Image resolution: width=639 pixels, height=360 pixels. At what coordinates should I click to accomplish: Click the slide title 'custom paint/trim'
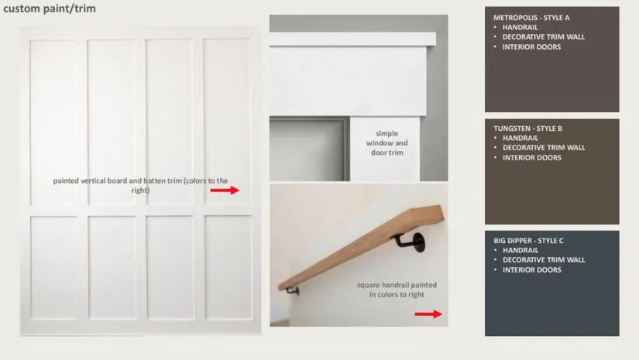click(x=50, y=9)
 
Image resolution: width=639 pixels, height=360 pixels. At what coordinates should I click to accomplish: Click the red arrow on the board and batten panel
click(x=225, y=190)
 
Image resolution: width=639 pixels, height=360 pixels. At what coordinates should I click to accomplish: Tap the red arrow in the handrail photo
click(x=428, y=314)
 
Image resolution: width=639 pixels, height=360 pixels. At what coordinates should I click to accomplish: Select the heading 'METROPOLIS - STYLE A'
click(x=531, y=18)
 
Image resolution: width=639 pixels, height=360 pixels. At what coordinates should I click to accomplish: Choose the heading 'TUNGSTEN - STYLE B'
click(x=527, y=129)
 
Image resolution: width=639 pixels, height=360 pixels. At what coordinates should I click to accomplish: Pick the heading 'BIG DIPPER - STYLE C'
click(x=528, y=241)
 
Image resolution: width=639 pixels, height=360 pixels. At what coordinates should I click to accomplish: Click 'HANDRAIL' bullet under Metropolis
click(x=520, y=27)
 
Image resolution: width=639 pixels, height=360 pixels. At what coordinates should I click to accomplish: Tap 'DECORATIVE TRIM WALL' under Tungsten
click(x=544, y=147)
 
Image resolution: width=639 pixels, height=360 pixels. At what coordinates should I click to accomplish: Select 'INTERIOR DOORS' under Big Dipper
click(x=532, y=269)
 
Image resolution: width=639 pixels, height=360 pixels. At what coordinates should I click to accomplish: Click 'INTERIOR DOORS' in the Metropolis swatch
click(x=531, y=46)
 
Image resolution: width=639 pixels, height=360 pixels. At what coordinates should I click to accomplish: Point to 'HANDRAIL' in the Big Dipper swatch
click(x=520, y=250)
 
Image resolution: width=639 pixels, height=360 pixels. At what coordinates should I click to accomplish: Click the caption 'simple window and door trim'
click(x=386, y=143)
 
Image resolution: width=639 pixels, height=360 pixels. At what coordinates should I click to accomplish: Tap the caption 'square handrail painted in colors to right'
click(x=397, y=290)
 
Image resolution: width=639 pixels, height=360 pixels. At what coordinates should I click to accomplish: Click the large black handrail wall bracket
click(x=411, y=242)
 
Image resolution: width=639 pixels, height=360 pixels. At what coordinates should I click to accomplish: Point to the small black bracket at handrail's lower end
click(x=292, y=291)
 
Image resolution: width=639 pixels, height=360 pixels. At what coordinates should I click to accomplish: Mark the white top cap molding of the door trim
click(x=352, y=39)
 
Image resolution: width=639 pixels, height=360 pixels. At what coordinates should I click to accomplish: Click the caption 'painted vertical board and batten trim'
click(x=140, y=185)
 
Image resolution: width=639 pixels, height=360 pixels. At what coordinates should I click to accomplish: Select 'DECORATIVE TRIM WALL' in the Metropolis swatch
click(x=543, y=36)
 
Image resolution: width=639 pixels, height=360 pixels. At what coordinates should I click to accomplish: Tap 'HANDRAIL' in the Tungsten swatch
click(x=520, y=138)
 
